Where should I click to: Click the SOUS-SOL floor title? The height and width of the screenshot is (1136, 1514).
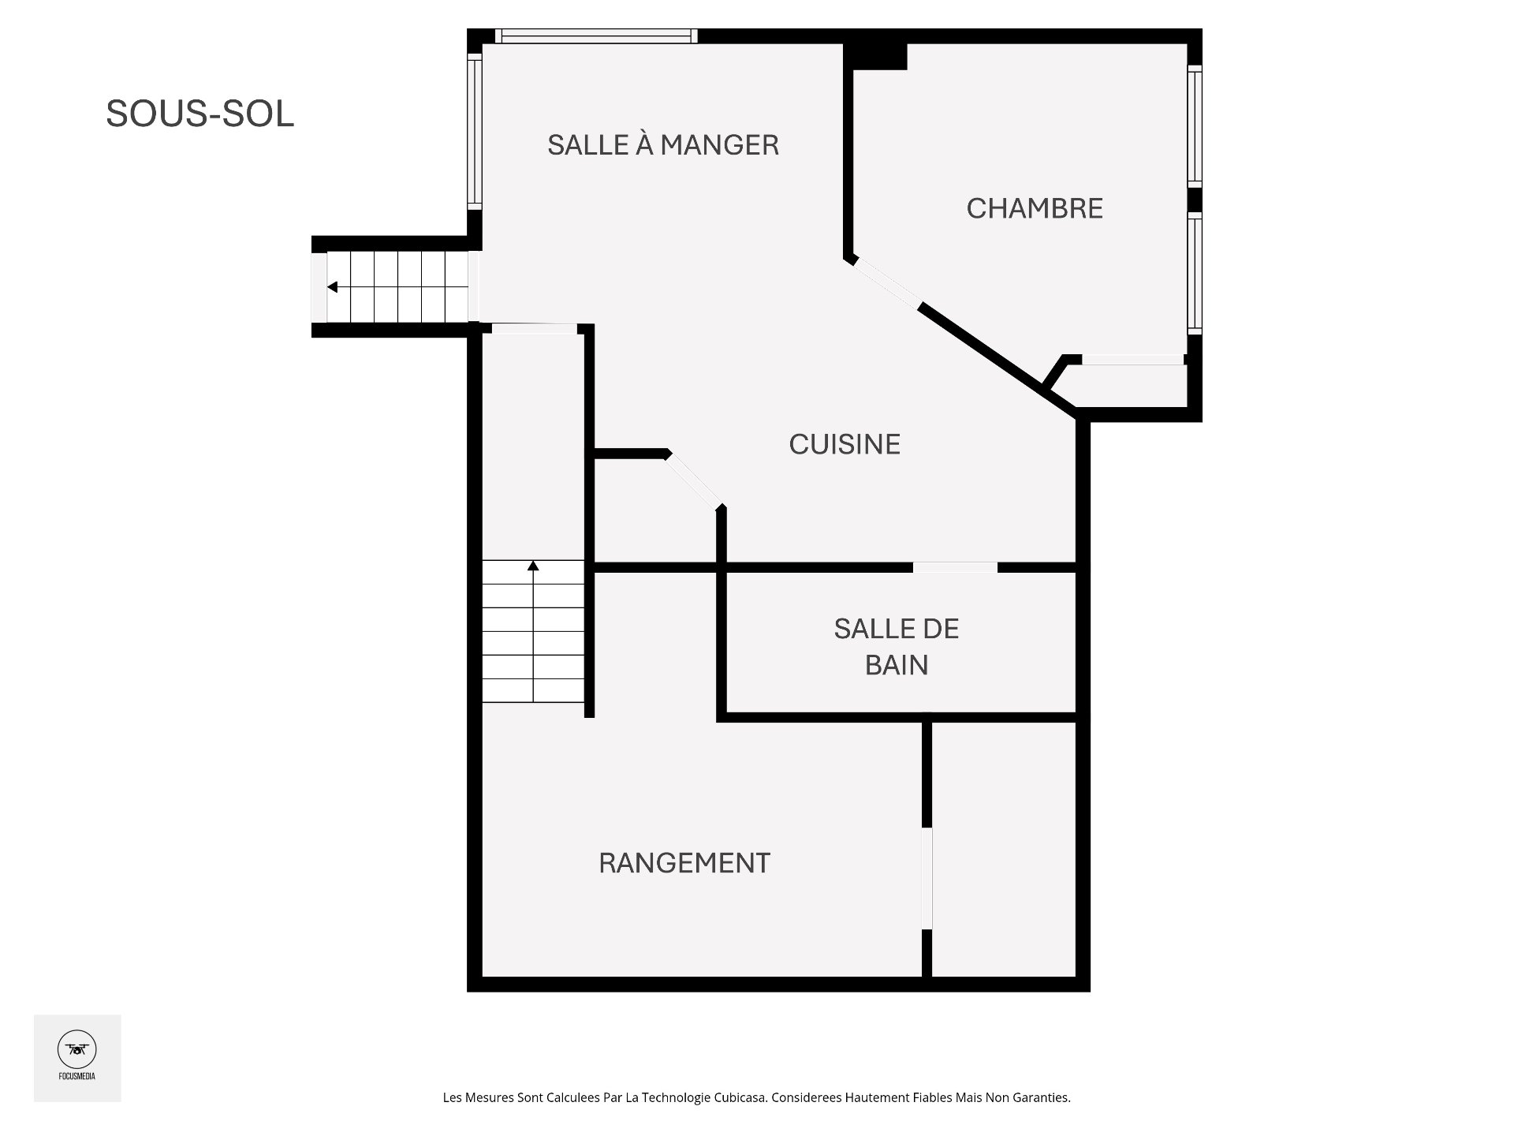[200, 114]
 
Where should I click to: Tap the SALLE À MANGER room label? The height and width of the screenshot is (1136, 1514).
[663, 145]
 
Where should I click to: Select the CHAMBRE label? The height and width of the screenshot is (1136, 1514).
[1035, 208]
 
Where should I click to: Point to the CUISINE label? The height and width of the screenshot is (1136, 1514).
[845, 444]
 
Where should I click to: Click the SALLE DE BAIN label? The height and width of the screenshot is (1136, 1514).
[897, 647]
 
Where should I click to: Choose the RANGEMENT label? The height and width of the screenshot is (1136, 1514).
[684, 863]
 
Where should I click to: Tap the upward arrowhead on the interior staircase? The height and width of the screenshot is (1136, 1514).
[534, 565]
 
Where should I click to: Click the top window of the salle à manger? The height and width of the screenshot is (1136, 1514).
[597, 35]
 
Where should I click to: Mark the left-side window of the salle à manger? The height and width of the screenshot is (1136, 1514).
[474, 131]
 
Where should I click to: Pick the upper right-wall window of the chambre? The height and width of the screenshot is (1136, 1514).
[1195, 126]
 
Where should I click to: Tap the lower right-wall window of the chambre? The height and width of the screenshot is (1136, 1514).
[1195, 273]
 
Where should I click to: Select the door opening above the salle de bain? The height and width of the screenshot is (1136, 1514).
[955, 567]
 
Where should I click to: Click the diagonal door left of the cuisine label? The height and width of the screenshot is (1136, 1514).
[693, 481]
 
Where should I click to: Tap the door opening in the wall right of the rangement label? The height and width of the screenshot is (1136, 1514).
[927, 878]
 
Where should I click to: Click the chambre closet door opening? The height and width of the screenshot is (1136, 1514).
[1132, 360]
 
